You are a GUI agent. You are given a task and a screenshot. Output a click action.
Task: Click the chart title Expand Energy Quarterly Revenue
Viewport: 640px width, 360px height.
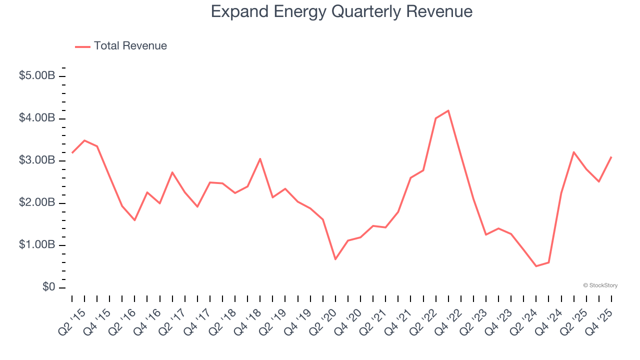coord(341,11)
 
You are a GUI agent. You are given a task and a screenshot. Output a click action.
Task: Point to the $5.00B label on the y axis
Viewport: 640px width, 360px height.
coord(37,76)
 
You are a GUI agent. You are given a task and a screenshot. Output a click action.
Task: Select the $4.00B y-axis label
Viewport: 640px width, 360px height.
coord(37,118)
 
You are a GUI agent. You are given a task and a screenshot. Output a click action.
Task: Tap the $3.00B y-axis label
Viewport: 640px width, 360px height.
coord(37,160)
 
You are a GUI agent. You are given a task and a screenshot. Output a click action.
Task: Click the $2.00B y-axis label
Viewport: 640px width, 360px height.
coord(37,203)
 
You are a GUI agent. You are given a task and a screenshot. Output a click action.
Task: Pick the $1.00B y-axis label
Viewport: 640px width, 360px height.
coord(37,245)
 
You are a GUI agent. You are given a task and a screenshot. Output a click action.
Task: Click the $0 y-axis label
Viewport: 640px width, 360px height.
coord(48,287)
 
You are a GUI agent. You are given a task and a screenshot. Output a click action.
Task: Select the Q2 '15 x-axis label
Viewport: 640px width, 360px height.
coord(73,319)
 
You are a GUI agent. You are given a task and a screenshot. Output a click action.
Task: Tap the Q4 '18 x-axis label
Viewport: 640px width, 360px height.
coord(248,319)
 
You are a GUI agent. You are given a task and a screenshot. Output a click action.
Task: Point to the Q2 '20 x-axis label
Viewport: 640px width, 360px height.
coord(324,319)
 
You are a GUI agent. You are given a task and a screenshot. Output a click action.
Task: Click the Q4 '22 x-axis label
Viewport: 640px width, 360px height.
coord(449,319)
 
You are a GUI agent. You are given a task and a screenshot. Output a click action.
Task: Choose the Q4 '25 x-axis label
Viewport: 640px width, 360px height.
coord(600,319)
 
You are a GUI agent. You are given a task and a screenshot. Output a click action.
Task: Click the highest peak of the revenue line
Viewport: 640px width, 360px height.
coord(448,110)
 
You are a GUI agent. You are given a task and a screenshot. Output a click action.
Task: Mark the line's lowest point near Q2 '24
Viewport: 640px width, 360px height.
coord(536,266)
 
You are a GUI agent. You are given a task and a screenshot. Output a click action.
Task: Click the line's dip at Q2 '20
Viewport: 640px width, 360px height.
coord(335,259)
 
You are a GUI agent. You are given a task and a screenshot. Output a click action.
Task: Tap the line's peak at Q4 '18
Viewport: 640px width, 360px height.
coord(260,158)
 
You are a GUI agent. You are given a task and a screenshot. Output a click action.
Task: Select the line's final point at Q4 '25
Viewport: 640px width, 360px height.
coord(611,157)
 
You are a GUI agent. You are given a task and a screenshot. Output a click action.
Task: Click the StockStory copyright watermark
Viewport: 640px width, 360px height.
coord(600,285)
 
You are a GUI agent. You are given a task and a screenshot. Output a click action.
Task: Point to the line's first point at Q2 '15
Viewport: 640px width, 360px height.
coord(72,152)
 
